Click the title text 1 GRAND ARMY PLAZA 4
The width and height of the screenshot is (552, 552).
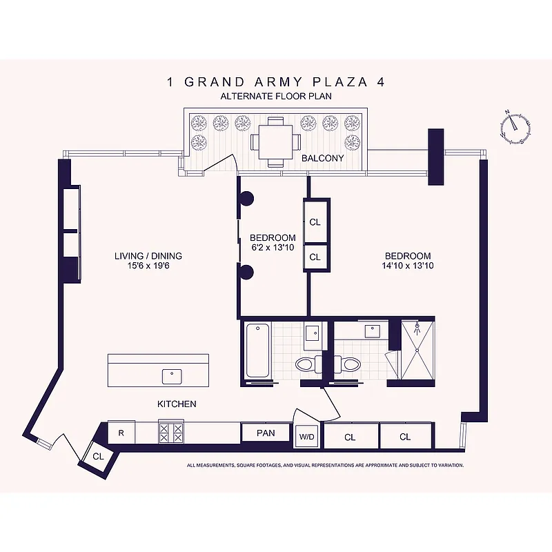pos(275,82)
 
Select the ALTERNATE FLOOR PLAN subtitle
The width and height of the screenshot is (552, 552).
pos(275,97)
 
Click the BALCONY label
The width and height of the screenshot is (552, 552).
pos(322,158)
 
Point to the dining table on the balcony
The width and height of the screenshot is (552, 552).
pos(275,142)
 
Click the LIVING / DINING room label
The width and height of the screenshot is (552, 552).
pos(148,256)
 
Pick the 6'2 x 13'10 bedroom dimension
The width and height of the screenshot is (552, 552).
pos(273,247)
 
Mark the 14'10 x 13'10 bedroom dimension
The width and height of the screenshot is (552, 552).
pos(407,266)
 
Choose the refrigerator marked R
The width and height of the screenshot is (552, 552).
pos(121,433)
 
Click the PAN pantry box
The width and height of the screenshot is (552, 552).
pos(266,433)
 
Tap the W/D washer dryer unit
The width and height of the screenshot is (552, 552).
pos(306,436)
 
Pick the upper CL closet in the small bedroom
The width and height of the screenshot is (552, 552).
pos(315,222)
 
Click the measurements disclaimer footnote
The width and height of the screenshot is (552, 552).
pos(325,465)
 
